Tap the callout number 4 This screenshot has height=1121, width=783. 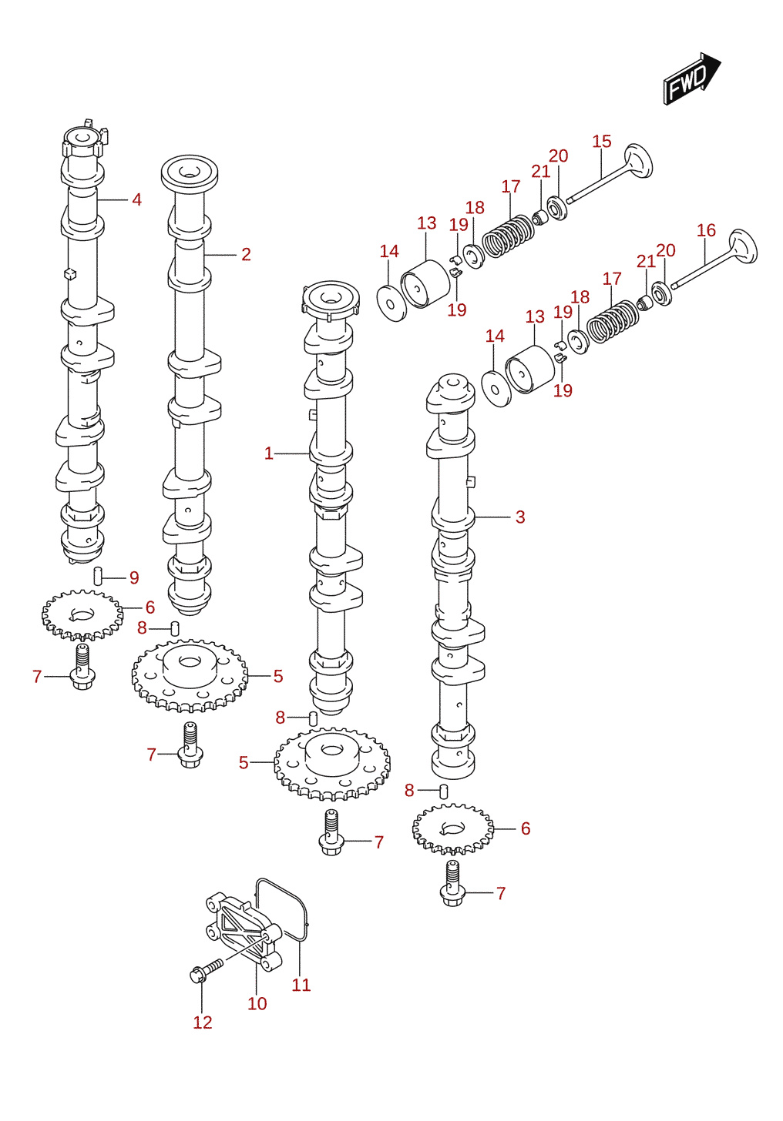point(136,199)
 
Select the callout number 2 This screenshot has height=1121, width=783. point(246,254)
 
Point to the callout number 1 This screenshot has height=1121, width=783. point(269,453)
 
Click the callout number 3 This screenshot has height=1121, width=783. point(520,517)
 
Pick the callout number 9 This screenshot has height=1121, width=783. point(134,578)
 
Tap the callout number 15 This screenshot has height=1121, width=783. point(602,142)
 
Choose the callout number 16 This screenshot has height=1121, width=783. point(707,230)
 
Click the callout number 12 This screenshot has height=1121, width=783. point(203,1022)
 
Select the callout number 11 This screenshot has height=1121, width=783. point(301,985)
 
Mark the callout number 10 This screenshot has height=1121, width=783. point(257,1003)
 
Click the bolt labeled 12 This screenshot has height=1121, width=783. point(206,970)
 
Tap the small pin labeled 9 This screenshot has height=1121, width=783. point(98,576)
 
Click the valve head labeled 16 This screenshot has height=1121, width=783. point(743,246)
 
